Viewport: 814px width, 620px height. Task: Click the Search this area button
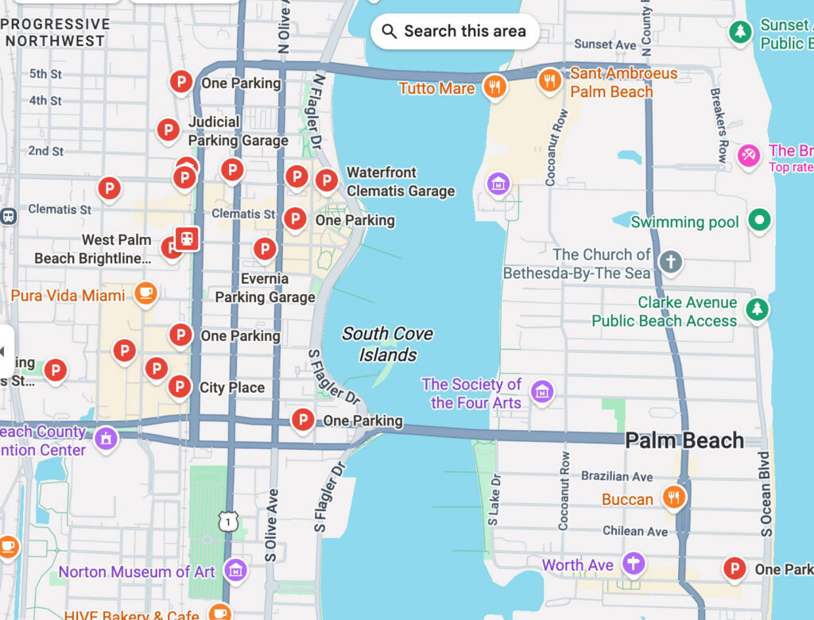[455, 32]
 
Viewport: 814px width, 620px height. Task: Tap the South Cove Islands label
[388, 344]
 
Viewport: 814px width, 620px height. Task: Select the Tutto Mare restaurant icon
[495, 87]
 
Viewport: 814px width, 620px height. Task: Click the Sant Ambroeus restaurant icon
[548, 79]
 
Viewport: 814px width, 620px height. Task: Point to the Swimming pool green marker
[760, 220]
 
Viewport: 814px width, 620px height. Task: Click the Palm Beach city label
[684, 440]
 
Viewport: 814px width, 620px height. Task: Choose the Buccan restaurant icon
[674, 497]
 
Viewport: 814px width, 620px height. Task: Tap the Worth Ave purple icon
[634, 564]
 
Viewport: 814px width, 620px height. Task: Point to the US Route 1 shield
[229, 521]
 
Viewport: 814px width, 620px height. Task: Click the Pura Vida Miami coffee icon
[145, 293]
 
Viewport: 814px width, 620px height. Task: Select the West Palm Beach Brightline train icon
[187, 238]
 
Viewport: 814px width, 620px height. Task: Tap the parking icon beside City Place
[180, 387]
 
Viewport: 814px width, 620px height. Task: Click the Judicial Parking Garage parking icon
[168, 129]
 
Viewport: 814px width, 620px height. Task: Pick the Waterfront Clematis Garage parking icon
[326, 180]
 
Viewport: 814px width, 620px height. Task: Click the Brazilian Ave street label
[617, 476]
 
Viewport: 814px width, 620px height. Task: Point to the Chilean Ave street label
[634, 531]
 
